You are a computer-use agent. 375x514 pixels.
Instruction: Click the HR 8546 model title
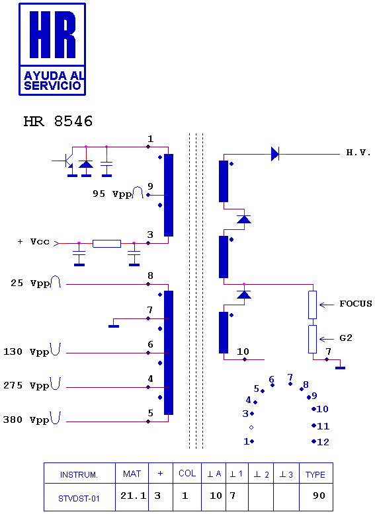click(58, 122)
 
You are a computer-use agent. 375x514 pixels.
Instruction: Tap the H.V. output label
click(358, 153)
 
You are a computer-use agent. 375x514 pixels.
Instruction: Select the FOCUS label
click(356, 304)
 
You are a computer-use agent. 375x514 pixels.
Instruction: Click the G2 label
click(346, 338)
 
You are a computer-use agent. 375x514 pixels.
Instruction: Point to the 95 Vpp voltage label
click(112, 194)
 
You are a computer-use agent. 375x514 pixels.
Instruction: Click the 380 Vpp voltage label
click(26, 420)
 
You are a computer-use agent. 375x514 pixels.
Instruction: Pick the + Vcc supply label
click(33, 242)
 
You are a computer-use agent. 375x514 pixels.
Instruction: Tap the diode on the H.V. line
click(275, 154)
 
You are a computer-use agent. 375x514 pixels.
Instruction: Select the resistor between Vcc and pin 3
click(106, 244)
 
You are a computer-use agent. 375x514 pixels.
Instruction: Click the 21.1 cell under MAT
click(133, 496)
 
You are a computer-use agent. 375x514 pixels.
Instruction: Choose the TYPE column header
click(315, 474)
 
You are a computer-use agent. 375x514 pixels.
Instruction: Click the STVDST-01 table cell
click(79, 499)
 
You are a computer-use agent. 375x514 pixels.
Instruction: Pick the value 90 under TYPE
click(319, 496)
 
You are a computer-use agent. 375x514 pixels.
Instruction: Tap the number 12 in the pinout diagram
click(323, 442)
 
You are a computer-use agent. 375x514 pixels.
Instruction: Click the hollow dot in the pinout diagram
click(251, 427)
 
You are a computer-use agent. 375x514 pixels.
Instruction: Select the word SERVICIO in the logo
click(52, 86)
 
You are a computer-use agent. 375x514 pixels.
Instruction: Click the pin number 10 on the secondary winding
click(243, 351)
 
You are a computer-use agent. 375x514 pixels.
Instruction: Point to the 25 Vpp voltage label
click(30, 283)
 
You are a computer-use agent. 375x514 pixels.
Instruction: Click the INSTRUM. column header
click(79, 475)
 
